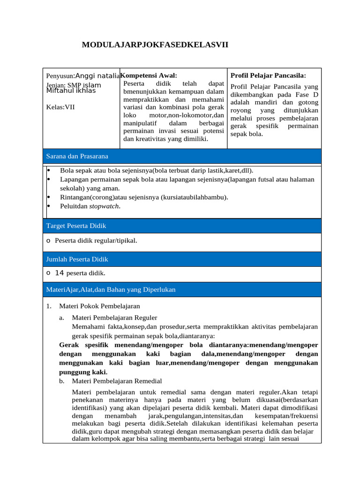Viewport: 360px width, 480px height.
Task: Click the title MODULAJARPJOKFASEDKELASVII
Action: tap(155, 45)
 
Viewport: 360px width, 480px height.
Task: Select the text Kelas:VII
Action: tap(60, 107)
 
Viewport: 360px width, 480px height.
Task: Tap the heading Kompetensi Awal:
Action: tap(149, 75)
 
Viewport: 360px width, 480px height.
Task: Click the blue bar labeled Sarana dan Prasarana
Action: tap(182, 156)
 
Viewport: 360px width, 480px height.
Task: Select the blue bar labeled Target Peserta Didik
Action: tap(182, 226)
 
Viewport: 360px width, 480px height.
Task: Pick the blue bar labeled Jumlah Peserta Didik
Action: tap(182, 259)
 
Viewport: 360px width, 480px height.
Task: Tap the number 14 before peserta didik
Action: tap(60, 273)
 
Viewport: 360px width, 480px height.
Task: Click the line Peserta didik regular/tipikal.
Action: tap(96, 240)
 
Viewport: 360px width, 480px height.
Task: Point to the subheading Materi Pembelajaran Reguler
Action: tap(115, 317)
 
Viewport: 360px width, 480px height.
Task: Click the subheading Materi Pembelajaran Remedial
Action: tap(117, 381)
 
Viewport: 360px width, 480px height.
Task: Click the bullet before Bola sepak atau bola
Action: tap(49, 171)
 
